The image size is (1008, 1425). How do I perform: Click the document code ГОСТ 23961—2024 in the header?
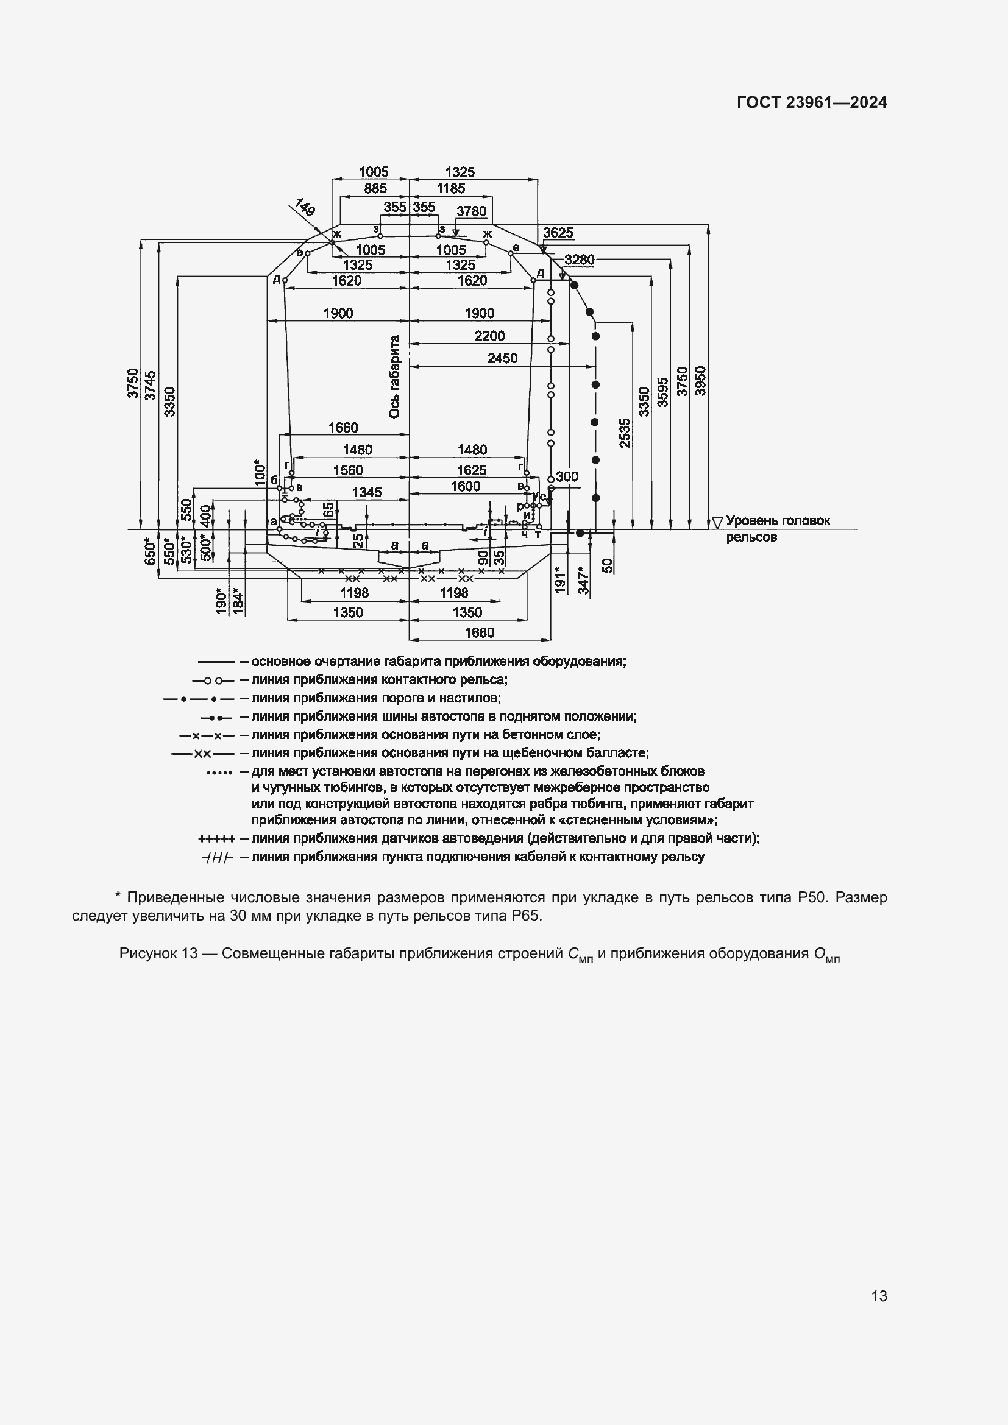811,103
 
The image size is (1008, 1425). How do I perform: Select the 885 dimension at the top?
375,189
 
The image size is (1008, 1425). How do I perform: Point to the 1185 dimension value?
450,189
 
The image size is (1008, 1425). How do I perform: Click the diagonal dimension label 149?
305,207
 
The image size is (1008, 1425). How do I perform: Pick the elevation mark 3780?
471,211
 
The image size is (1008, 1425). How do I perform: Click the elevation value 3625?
558,233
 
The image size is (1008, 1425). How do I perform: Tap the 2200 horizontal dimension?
489,336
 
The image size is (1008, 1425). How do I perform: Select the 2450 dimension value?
502,358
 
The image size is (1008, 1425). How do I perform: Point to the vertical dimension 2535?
625,433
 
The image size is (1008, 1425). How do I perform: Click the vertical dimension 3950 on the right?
700,381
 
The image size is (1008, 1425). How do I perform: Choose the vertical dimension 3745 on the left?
150,385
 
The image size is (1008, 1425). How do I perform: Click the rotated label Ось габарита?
394,377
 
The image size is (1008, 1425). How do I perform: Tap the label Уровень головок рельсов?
777,529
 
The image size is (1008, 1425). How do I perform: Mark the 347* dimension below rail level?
584,579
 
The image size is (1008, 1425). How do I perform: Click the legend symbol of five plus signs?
216,838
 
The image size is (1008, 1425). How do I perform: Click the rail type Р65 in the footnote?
528,916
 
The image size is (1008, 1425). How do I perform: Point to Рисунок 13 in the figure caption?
158,953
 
